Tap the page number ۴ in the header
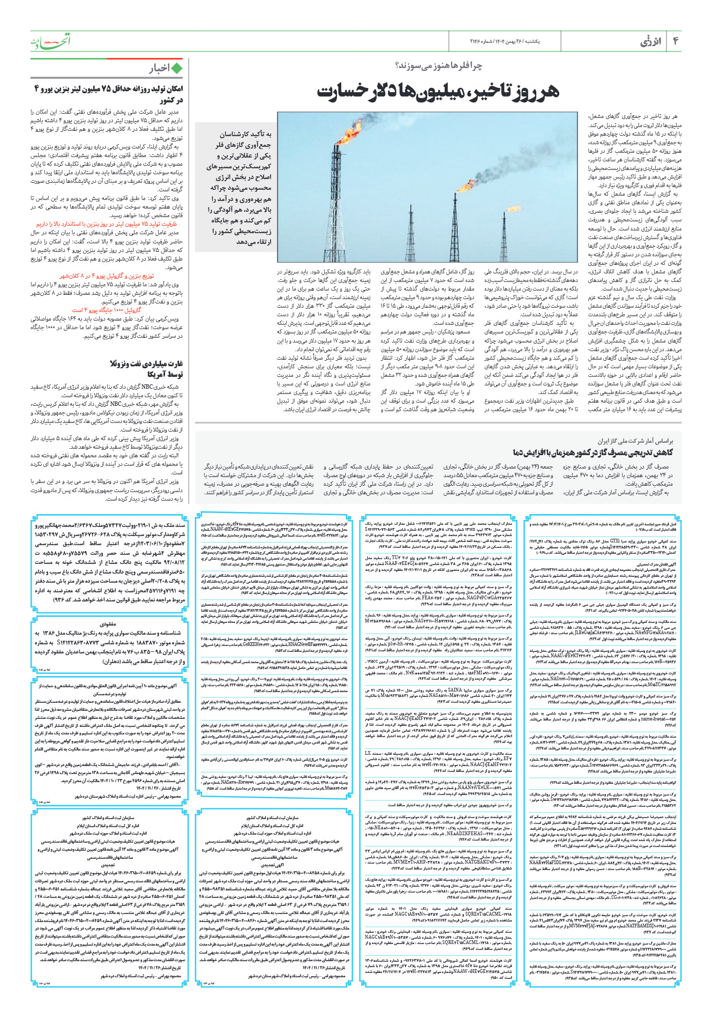coord(676,41)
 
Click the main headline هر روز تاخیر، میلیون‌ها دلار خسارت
coord(438,91)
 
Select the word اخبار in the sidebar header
coord(159,68)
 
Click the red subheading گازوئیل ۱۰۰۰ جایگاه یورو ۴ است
coord(107,310)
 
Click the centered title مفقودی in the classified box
coord(108,623)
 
